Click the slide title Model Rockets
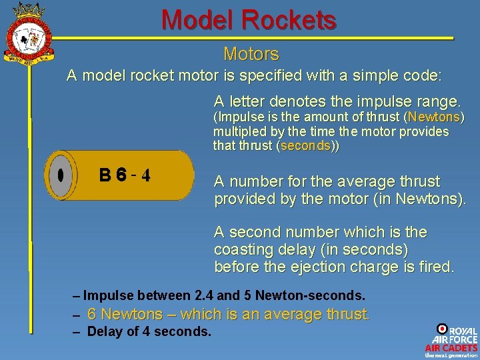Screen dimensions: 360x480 (x=249, y=20)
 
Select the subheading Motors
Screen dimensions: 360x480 (x=251, y=54)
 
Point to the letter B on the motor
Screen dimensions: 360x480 (x=105, y=175)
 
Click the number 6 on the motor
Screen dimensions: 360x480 (x=120, y=175)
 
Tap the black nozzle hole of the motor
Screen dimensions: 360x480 (x=60, y=175)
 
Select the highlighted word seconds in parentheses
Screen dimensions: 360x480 (x=305, y=145)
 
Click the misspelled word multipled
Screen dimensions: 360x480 (x=241, y=131)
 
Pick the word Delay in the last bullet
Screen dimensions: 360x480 (x=104, y=331)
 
